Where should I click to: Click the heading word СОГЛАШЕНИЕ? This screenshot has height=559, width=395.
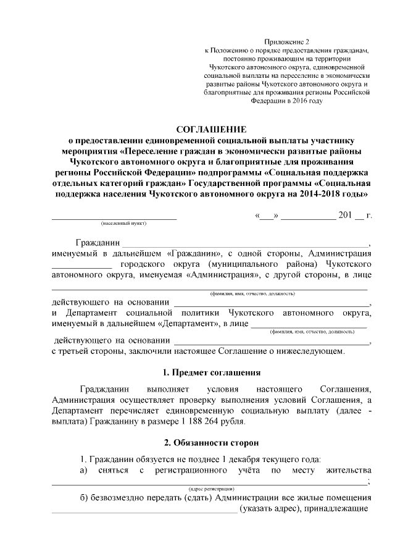(211, 130)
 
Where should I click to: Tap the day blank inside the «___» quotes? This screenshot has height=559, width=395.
(267, 216)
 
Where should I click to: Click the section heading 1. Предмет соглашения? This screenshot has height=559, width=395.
(211, 372)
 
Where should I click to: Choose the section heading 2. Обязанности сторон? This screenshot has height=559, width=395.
(211, 443)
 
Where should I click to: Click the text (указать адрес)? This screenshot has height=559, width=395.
(269, 510)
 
